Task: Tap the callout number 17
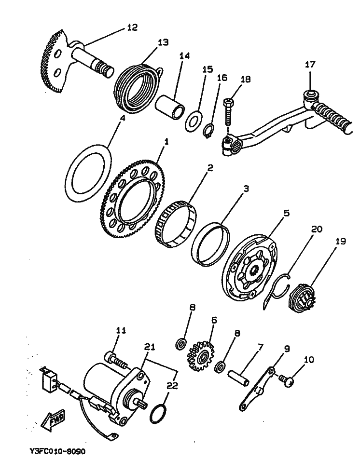[310, 64]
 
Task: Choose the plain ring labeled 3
[210, 243]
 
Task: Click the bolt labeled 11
[116, 359]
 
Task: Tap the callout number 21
[149, 346]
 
